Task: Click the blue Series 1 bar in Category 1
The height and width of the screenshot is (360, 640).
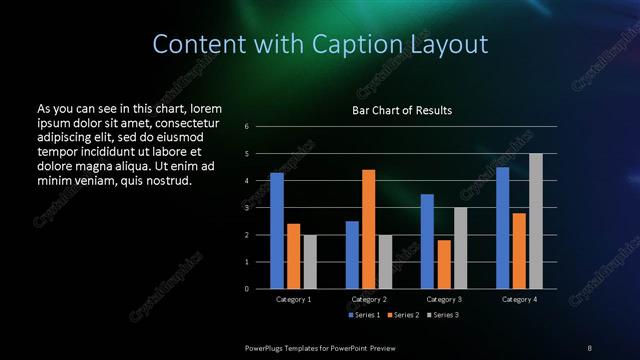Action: (x=277, y=230)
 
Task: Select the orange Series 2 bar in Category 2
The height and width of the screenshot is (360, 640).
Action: (x=368, y=229)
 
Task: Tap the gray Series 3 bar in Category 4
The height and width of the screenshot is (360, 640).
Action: (x=536, y=221)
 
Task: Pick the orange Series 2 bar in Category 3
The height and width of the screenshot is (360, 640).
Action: (x=444, y=264)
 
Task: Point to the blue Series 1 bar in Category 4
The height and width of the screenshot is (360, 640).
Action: (x=502, y=227)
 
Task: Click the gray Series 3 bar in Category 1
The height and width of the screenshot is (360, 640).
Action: (x=310, y=261)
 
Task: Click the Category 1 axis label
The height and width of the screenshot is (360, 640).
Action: (x=293, y=299)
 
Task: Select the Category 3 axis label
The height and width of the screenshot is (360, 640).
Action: (x=444, y=299)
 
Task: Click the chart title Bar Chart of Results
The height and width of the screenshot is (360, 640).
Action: (x=402, y=110)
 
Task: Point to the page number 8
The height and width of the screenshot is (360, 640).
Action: (x=589, y=347)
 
